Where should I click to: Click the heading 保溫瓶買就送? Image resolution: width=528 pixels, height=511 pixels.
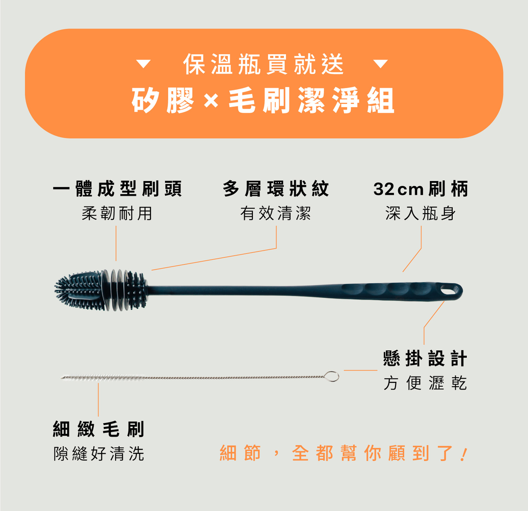264,64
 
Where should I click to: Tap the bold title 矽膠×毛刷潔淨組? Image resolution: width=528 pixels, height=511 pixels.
263,100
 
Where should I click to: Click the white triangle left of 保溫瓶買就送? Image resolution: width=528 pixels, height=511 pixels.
143,64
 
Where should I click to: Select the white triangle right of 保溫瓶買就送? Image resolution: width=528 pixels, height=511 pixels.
381,64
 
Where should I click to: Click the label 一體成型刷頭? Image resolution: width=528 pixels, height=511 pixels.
117,189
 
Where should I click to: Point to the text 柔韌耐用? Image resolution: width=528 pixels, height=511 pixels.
117,213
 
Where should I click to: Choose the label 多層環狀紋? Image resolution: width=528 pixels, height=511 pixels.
276,189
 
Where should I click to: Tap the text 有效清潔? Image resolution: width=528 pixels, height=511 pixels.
276,213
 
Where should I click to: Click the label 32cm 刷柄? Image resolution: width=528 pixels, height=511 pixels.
421,189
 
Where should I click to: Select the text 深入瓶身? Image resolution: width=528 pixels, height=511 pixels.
421,213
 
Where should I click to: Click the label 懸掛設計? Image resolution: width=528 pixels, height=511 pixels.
425,358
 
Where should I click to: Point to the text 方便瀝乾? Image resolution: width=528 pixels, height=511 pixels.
425,383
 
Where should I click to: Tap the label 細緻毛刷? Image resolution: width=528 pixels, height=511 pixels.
99,429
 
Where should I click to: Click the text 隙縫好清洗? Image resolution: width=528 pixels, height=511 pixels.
99,454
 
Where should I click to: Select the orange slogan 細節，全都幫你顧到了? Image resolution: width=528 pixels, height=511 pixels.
343,453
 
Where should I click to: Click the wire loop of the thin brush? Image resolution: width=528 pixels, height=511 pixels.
332,377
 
